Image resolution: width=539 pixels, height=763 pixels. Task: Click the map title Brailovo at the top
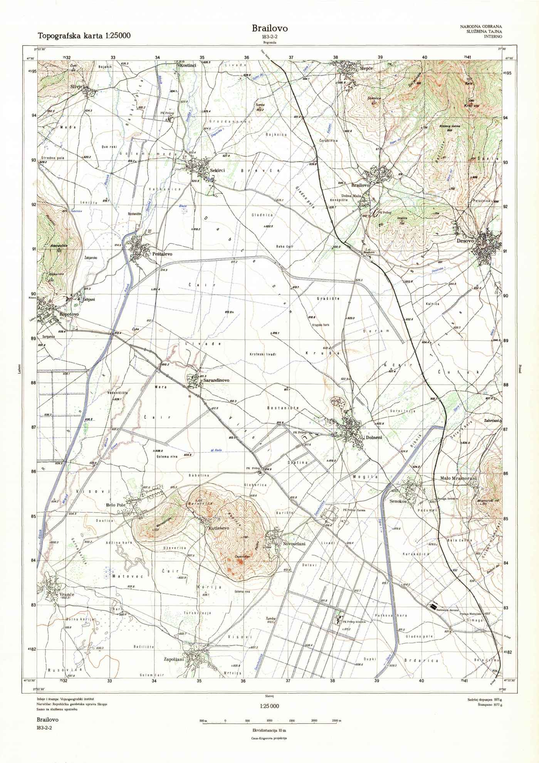270,28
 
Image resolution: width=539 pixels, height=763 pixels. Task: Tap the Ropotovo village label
69,315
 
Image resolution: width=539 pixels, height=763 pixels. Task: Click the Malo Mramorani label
458,478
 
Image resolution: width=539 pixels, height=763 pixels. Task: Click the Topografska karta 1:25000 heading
84,36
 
